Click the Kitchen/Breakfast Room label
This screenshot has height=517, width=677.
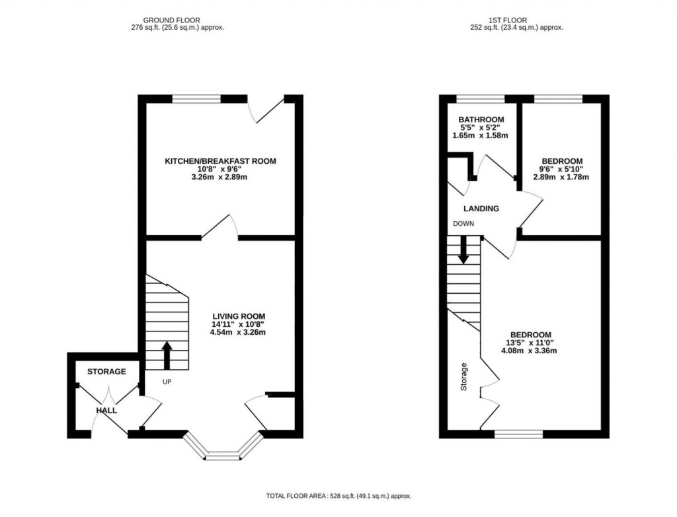(x=220, y=161)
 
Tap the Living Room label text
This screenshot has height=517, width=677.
(x=239, y=316)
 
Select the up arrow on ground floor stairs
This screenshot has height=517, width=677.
(x=167, y=355)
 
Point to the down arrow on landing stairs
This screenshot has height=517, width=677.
(x=463, y=250)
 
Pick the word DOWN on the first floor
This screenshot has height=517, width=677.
(x=463, y=224)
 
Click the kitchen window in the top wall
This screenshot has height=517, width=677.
(x=196, y=100)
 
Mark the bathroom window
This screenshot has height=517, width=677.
(x=481, y=100)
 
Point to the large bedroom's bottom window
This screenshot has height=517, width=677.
(x=519, y=434)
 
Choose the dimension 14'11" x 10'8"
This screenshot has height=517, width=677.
(x=239, y=324)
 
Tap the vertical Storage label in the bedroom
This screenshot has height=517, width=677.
(x=464, y=376)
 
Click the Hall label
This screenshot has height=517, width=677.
(x=106, y=410)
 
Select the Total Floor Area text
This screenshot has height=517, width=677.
(x=338, y=495)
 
